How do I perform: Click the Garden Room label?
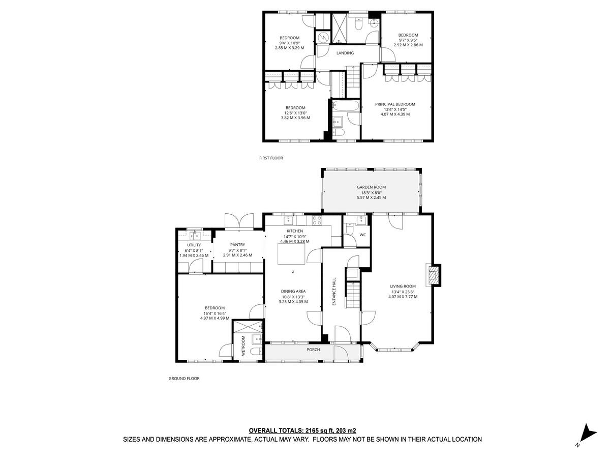(x=371, y=187)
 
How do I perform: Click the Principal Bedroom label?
(x=395, y=104)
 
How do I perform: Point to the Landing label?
(x=345, y=53)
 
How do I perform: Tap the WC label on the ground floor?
(x=362, y=235)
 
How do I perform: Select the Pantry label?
(x=237, y=245)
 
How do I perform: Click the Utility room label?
(x=194, y=245)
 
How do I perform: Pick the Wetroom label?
(x=243, y=346)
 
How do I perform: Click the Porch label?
(x=313, y=350)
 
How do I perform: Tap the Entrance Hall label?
(x=334, y=291)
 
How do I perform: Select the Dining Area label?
(x=293, y=291)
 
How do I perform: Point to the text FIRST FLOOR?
(x=271, y=158)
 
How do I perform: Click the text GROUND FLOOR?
(x=184, y=379)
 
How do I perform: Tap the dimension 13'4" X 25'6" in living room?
(x=403, y=292)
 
